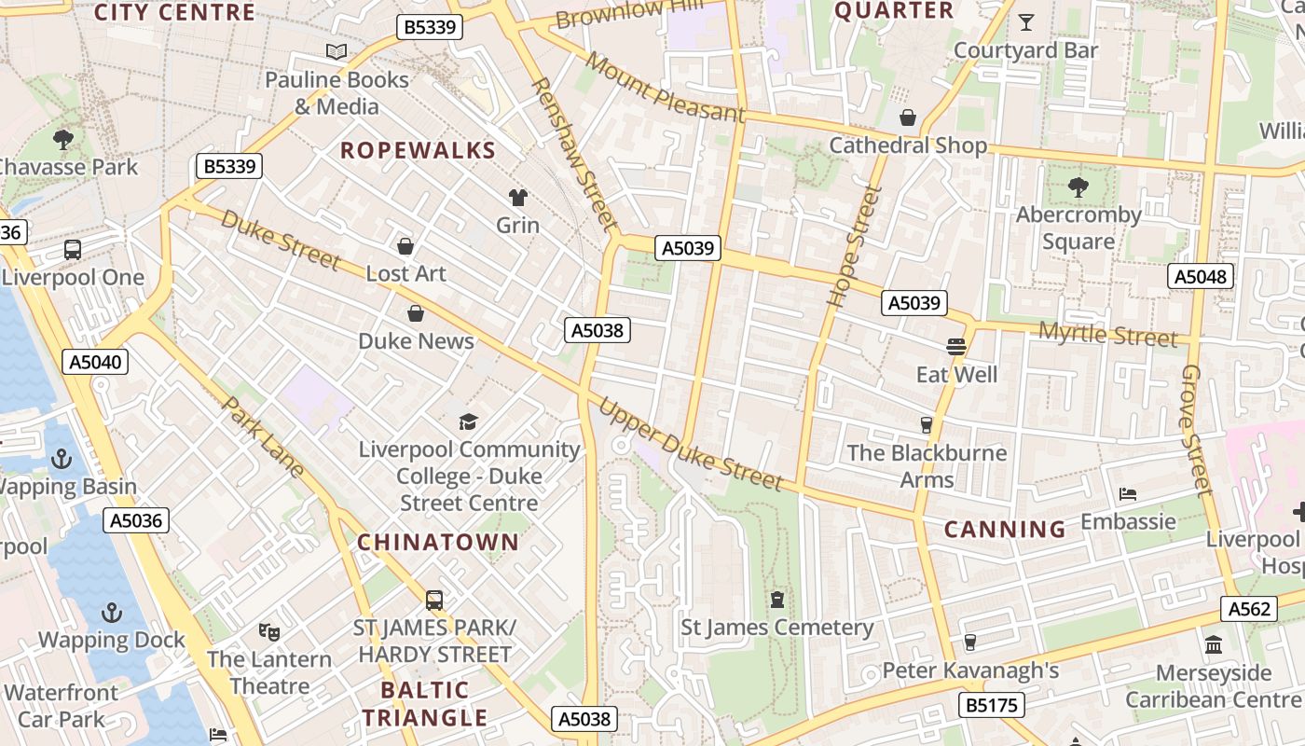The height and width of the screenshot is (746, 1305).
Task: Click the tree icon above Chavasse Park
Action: point(63,140)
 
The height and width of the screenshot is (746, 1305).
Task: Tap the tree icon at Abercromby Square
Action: point(1078,187)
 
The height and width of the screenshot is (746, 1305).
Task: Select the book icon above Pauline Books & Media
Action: point(337,52)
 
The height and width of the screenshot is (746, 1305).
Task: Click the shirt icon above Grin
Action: point(517,197)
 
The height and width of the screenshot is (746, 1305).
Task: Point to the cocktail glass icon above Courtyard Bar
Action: point(1026,22)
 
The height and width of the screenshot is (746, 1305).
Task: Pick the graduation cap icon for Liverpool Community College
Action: point(468,422)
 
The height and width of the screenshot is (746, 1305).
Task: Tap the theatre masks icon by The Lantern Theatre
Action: point(269,632)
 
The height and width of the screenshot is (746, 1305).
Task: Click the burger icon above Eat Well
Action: point(956,347)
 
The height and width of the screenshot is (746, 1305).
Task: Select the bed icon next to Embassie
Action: point(1128,493)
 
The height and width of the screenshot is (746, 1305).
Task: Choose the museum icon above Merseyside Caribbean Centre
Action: point(1214,644)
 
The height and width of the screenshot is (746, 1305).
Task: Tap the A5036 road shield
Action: point(136,520)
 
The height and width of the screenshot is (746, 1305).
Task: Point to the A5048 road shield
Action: point(1201,276)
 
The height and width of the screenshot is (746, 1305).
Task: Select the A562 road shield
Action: point(1249,609)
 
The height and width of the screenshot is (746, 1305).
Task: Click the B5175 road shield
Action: point(994,705)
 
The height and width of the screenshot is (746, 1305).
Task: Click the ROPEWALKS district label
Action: point(418,150)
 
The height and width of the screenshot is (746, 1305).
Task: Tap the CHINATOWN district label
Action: point(438,542)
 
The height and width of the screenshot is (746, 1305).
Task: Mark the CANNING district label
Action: point(1005,530)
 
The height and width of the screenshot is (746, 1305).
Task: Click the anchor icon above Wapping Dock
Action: point(112,613)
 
